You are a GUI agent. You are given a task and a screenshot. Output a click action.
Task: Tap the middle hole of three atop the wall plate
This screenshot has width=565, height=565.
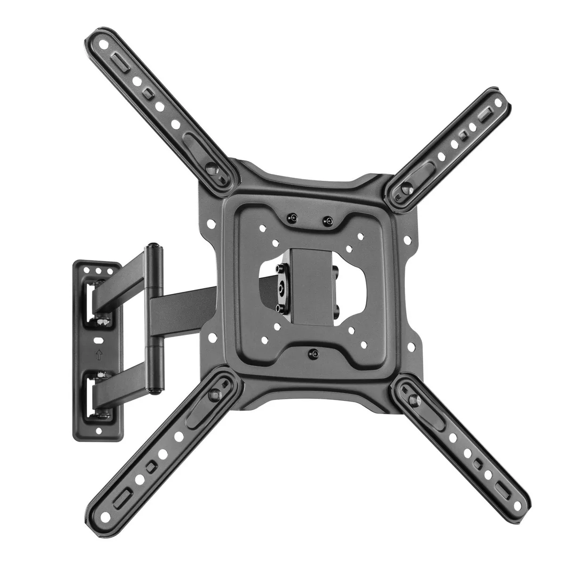(x=98, y=271)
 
